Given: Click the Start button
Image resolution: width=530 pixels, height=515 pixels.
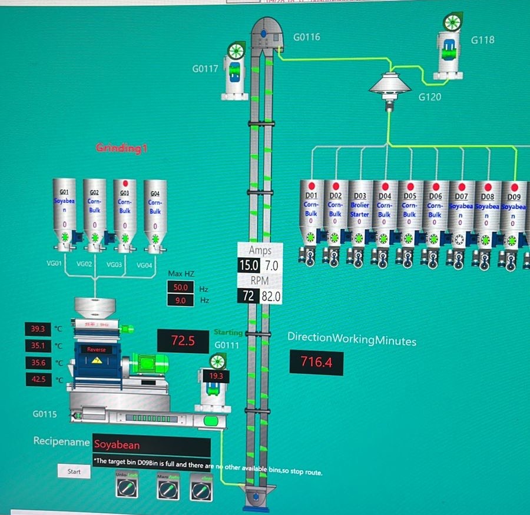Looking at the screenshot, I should pyautogui.click(x=74, y=471).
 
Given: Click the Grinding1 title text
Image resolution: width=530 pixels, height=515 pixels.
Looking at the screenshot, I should pyautogui.click(x=121, y=148).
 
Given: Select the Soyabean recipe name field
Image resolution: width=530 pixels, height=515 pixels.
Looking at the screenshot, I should pyautogui.click(x=151, y=446).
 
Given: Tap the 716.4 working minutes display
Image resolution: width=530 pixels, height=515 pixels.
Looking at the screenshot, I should pyautogui.click(x=317, y=362).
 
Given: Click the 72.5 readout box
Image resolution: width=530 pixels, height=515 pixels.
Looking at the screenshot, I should pyautogui.click(x=183, y=340).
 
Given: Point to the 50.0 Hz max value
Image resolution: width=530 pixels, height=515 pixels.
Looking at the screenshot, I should pyautogui.click(x=180, y=287).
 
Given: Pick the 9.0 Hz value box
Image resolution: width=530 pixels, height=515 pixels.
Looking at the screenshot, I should pyautogui.click(x=180, y=300).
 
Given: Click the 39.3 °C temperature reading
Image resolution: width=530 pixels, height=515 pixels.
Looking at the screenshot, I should pyautogui.click(x=38, y=328).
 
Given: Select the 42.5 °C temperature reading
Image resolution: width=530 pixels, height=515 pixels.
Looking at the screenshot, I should pyautogui.click(x=38, y=380).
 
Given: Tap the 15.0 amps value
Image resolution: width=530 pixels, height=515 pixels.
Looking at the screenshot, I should pyautogui.click(x=248, y=265).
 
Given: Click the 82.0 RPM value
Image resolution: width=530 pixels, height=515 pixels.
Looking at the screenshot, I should pyautogui.click(x=271, y=296).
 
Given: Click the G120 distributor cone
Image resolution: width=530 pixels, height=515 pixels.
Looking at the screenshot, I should pyautogui.click(x=389, y=86).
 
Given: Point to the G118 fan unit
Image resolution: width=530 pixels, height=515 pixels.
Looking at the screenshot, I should pyautogui.click(x=449, y=47).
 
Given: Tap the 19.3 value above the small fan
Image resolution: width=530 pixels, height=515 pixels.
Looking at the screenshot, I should pyautogui.click(x=215, y=376).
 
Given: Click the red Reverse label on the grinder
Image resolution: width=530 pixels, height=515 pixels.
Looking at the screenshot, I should pyautogui.click(x=97, y=350).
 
